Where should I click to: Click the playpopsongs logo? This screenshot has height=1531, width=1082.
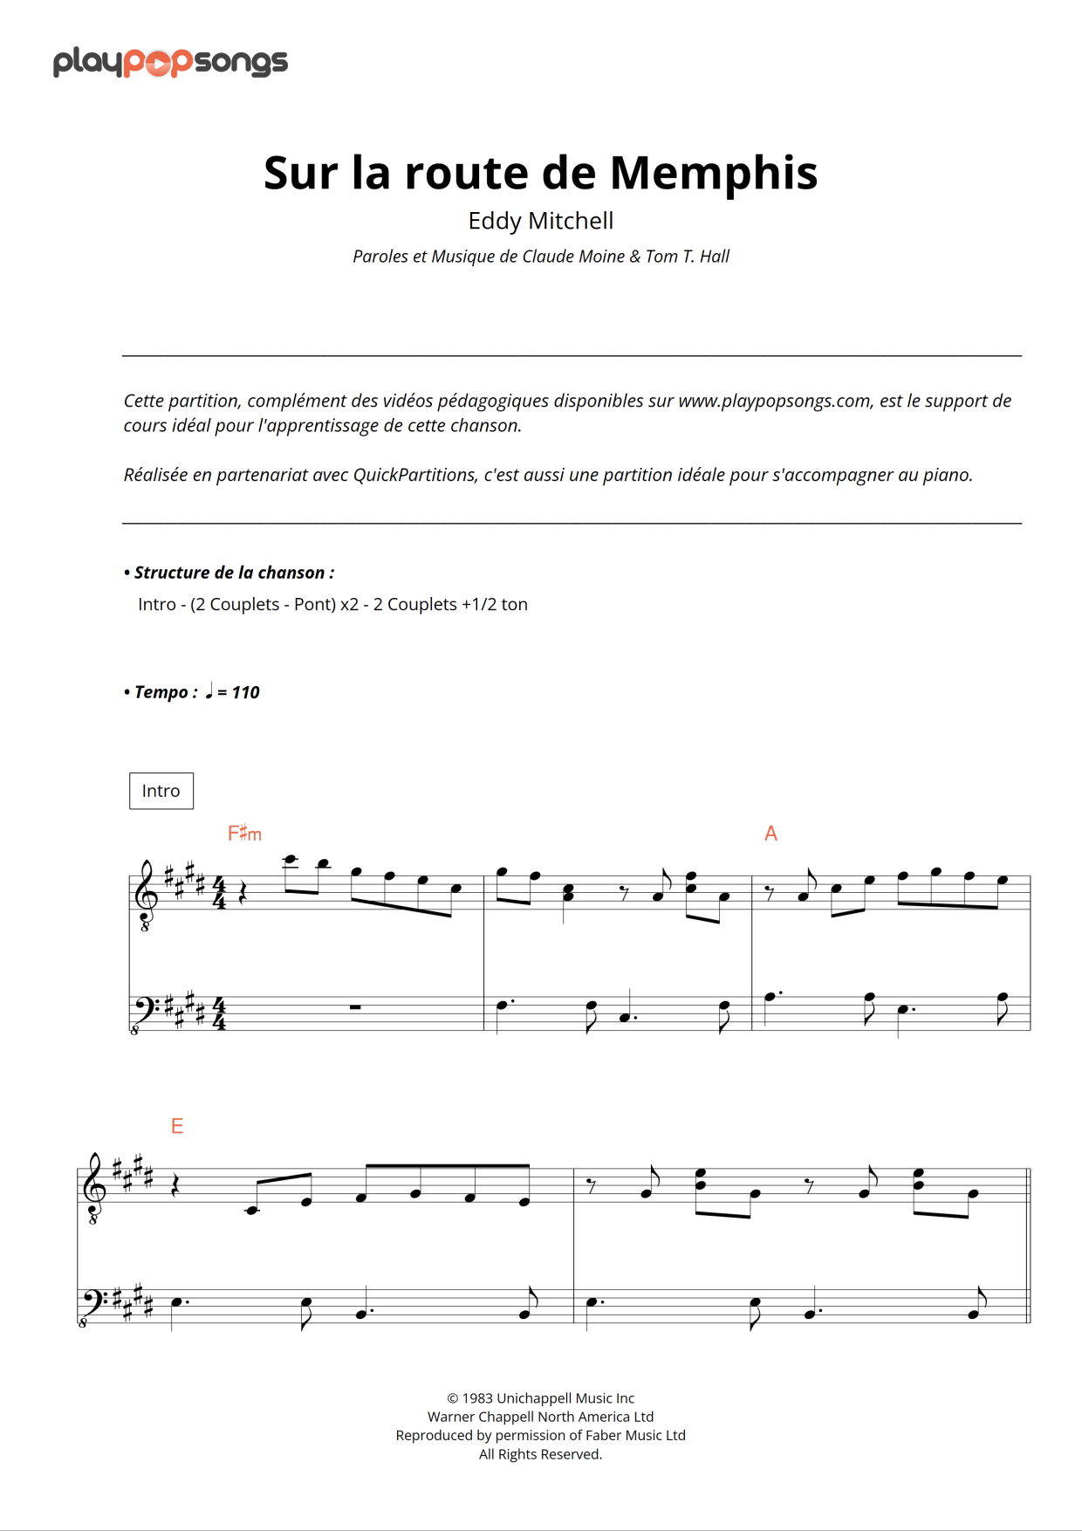170,62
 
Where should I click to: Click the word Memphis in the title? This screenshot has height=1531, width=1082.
713,173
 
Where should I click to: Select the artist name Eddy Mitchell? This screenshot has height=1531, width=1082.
540,221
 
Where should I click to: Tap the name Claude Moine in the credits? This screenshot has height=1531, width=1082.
573,257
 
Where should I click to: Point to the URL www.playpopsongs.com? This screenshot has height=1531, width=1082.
774,401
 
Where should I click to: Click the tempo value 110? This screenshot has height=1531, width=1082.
245,692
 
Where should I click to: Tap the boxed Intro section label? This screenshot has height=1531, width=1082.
161,791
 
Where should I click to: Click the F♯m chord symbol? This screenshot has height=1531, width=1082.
244,834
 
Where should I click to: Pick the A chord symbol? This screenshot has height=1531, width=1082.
770,834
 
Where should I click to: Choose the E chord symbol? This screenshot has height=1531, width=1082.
177,1126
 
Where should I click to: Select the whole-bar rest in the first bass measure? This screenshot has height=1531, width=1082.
355,1007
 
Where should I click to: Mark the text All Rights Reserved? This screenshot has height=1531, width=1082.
540,1454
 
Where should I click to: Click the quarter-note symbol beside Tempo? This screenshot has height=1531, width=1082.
209,691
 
